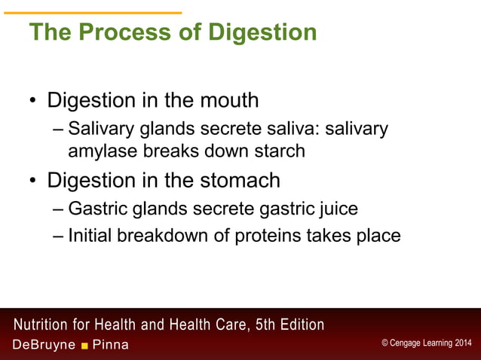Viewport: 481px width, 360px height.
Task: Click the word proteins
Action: pos(263,236)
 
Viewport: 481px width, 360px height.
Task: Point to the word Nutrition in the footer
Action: pos(46,325)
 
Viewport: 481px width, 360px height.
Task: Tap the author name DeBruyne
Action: pos(43,345)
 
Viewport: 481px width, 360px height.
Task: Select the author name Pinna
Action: pos(110,345)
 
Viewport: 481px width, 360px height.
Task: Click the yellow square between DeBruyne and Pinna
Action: pos(85,346)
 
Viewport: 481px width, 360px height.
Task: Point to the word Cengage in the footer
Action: pos(407,343)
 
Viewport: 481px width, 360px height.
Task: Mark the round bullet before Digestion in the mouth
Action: pos(33,102)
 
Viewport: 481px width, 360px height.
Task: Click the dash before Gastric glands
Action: pos(59,209)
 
